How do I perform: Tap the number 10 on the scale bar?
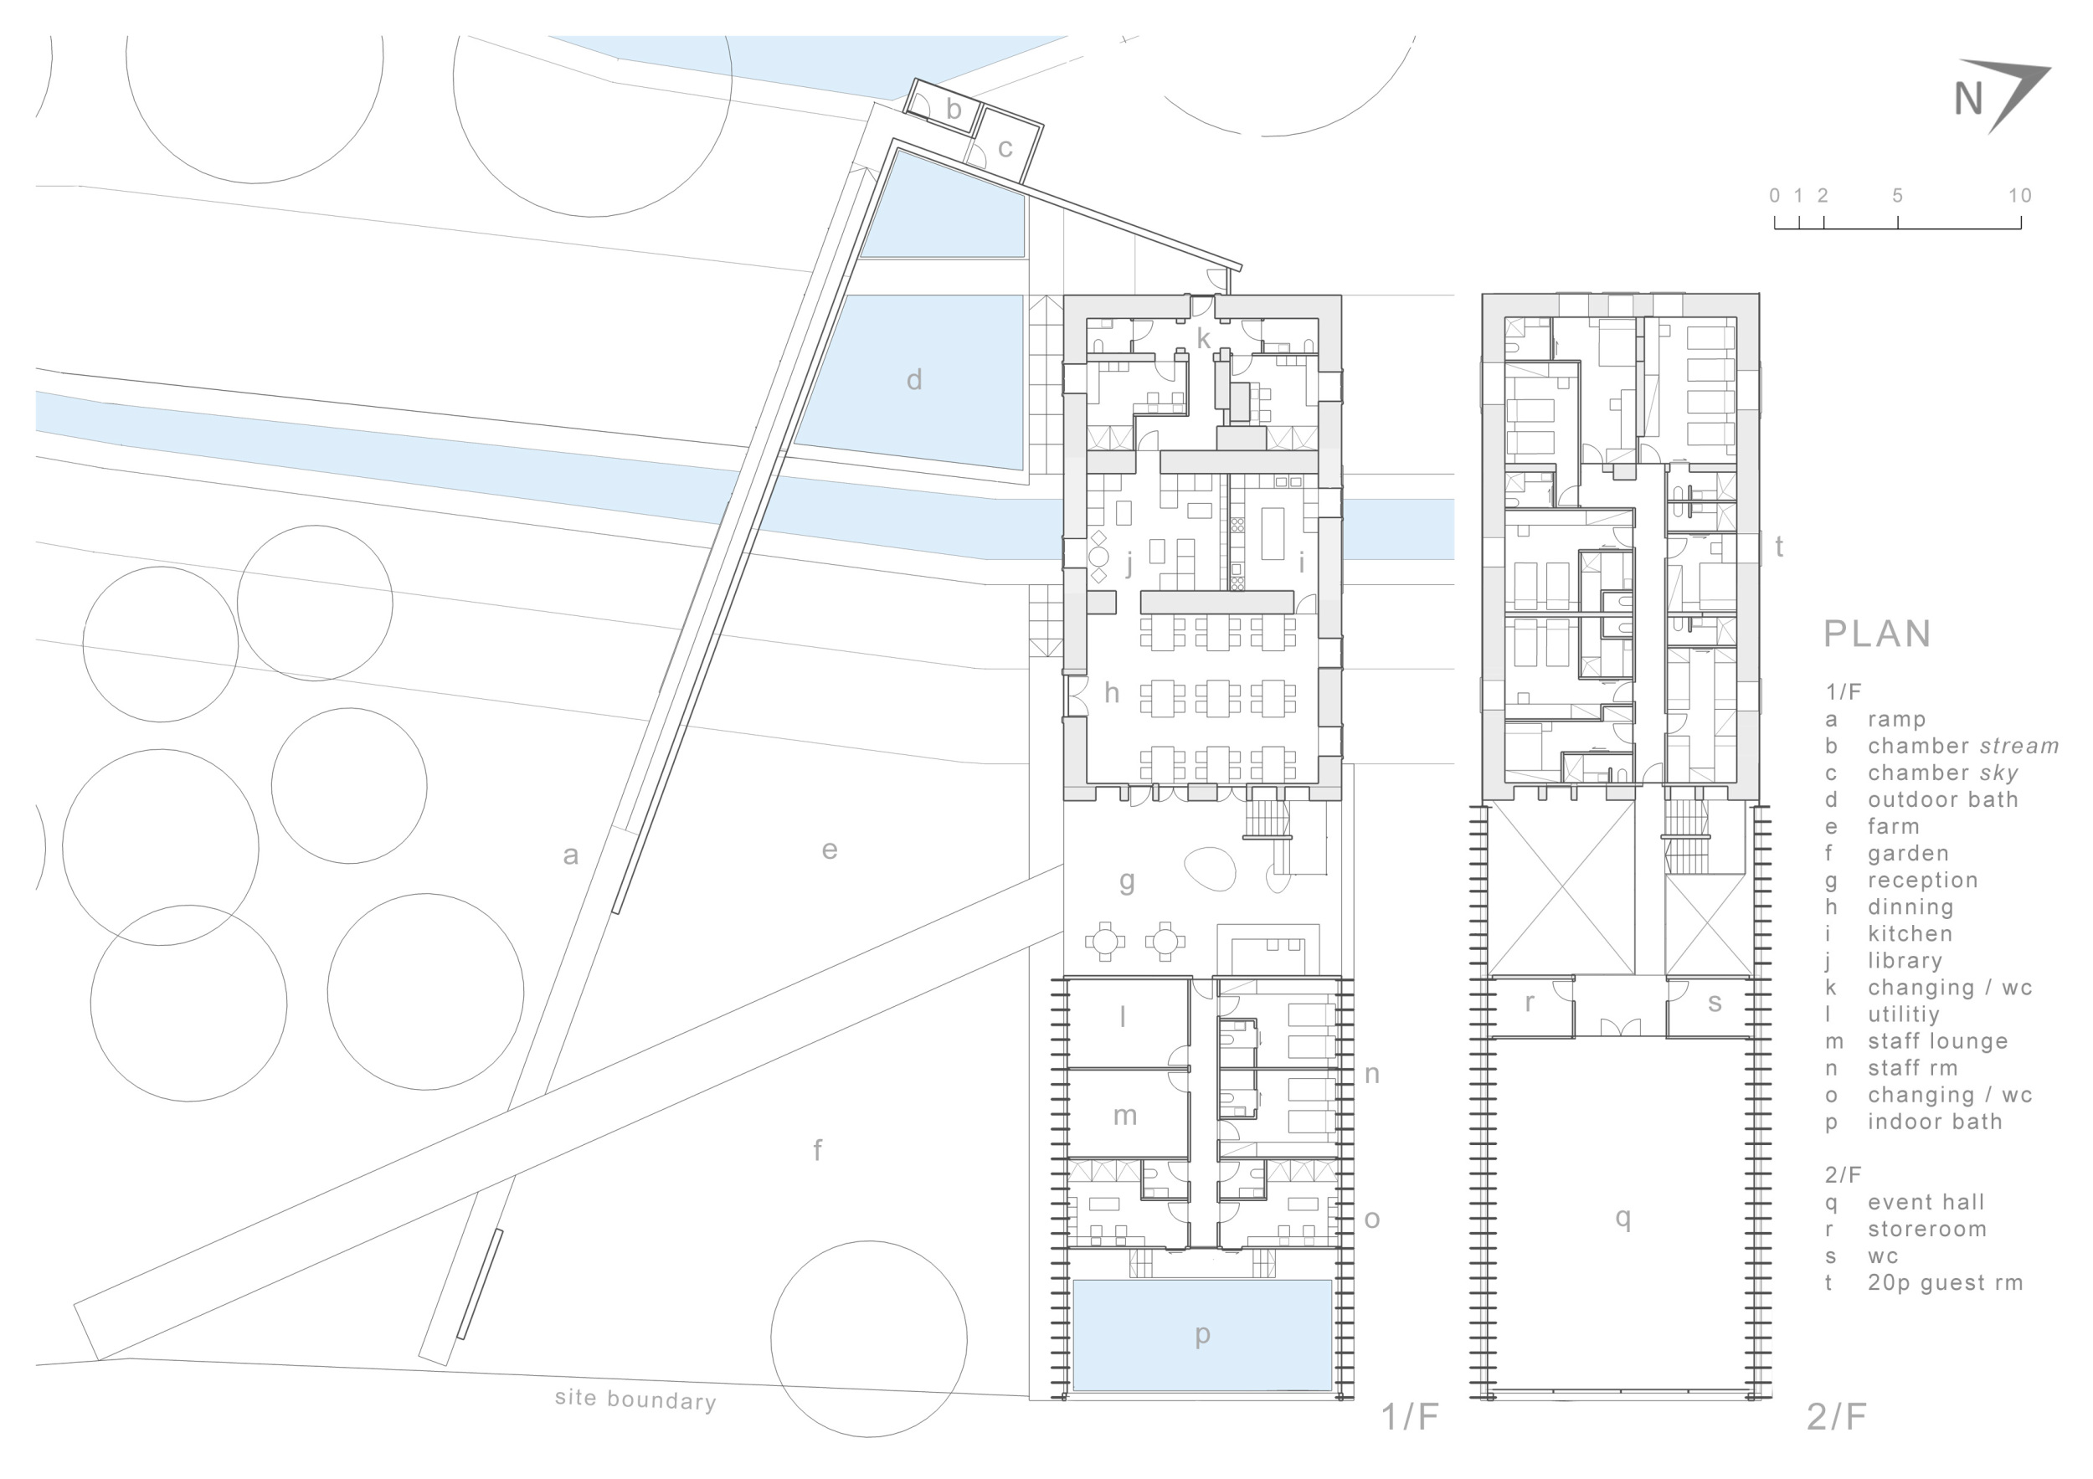tap(2019, 195)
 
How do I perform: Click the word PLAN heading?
tap(1877, 634)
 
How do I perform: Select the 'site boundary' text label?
tap(635, 1399)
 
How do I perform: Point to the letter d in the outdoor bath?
tap(913, 378)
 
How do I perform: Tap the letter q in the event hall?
tap(1622, 1219)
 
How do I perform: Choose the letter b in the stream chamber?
tap(954, 110)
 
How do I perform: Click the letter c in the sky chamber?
tap(1005, 147)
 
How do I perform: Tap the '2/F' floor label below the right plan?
tap(1836, 1417)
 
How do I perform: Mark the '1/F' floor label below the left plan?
tap(1409, 1417)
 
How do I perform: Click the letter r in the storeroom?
tap(1529, 1003)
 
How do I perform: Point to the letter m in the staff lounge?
tap(1125, 1116)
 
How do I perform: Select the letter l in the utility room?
tap(1123, 1016)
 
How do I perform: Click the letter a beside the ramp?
tap(571, 855)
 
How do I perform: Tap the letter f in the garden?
tap(818, 1150)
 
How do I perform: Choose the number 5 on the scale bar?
tap(1897, 195)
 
